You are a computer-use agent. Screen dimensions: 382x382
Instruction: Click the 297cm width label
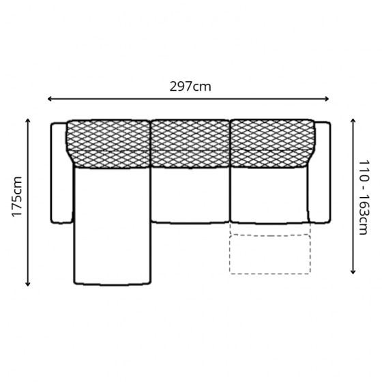[190, 87]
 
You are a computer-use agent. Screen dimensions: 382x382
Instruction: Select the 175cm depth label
[17, 196]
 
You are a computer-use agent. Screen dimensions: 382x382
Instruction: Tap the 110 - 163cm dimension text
[364, 197]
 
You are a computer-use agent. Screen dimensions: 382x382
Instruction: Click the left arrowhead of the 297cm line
[49, 99]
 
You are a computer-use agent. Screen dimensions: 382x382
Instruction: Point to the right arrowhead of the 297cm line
[327, 99]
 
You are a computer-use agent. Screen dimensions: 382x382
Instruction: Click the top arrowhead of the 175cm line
[28, 121]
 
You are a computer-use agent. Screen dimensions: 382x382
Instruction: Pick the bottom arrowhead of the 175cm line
[28, 284]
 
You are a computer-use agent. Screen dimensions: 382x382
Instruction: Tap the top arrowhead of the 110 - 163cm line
[353, 121]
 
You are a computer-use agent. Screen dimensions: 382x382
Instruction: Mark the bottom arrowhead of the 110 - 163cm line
[353, 272]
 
